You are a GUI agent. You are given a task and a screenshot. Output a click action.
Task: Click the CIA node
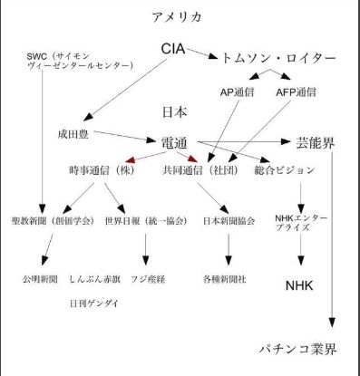(173, 49)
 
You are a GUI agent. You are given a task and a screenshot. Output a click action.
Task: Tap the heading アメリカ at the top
(177, 17)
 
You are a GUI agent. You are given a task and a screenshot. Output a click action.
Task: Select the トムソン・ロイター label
(279, 58)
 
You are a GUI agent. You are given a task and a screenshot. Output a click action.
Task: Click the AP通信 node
(237, 92)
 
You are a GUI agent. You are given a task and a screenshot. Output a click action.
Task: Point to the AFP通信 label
(296, 92)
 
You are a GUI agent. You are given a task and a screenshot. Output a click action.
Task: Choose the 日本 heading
(175, 112)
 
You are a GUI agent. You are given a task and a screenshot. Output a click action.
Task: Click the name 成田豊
(73, 134)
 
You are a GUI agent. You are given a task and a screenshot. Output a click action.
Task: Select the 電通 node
(174, 143)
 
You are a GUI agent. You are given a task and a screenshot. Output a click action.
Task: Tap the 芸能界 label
(315, 143)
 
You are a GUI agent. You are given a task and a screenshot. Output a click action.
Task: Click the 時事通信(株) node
(102, 170)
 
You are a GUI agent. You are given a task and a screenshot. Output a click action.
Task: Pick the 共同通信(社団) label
(200, 170)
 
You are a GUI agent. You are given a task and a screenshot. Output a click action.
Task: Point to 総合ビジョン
(285, 170)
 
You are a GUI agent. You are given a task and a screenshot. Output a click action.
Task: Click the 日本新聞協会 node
(229, 221)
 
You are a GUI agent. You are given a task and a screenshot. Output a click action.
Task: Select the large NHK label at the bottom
(299, 285)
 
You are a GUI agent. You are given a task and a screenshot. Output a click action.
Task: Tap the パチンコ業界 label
(298, 350)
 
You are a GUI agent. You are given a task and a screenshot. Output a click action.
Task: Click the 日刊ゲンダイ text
(94, 304)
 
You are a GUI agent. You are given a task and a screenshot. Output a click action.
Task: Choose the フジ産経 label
(148, 279)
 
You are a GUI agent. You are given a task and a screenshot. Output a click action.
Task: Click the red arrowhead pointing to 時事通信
(130, 159)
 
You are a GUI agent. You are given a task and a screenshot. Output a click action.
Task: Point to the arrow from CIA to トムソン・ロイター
(202, 53)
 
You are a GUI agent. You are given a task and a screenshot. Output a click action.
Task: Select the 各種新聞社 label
(225, 279)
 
